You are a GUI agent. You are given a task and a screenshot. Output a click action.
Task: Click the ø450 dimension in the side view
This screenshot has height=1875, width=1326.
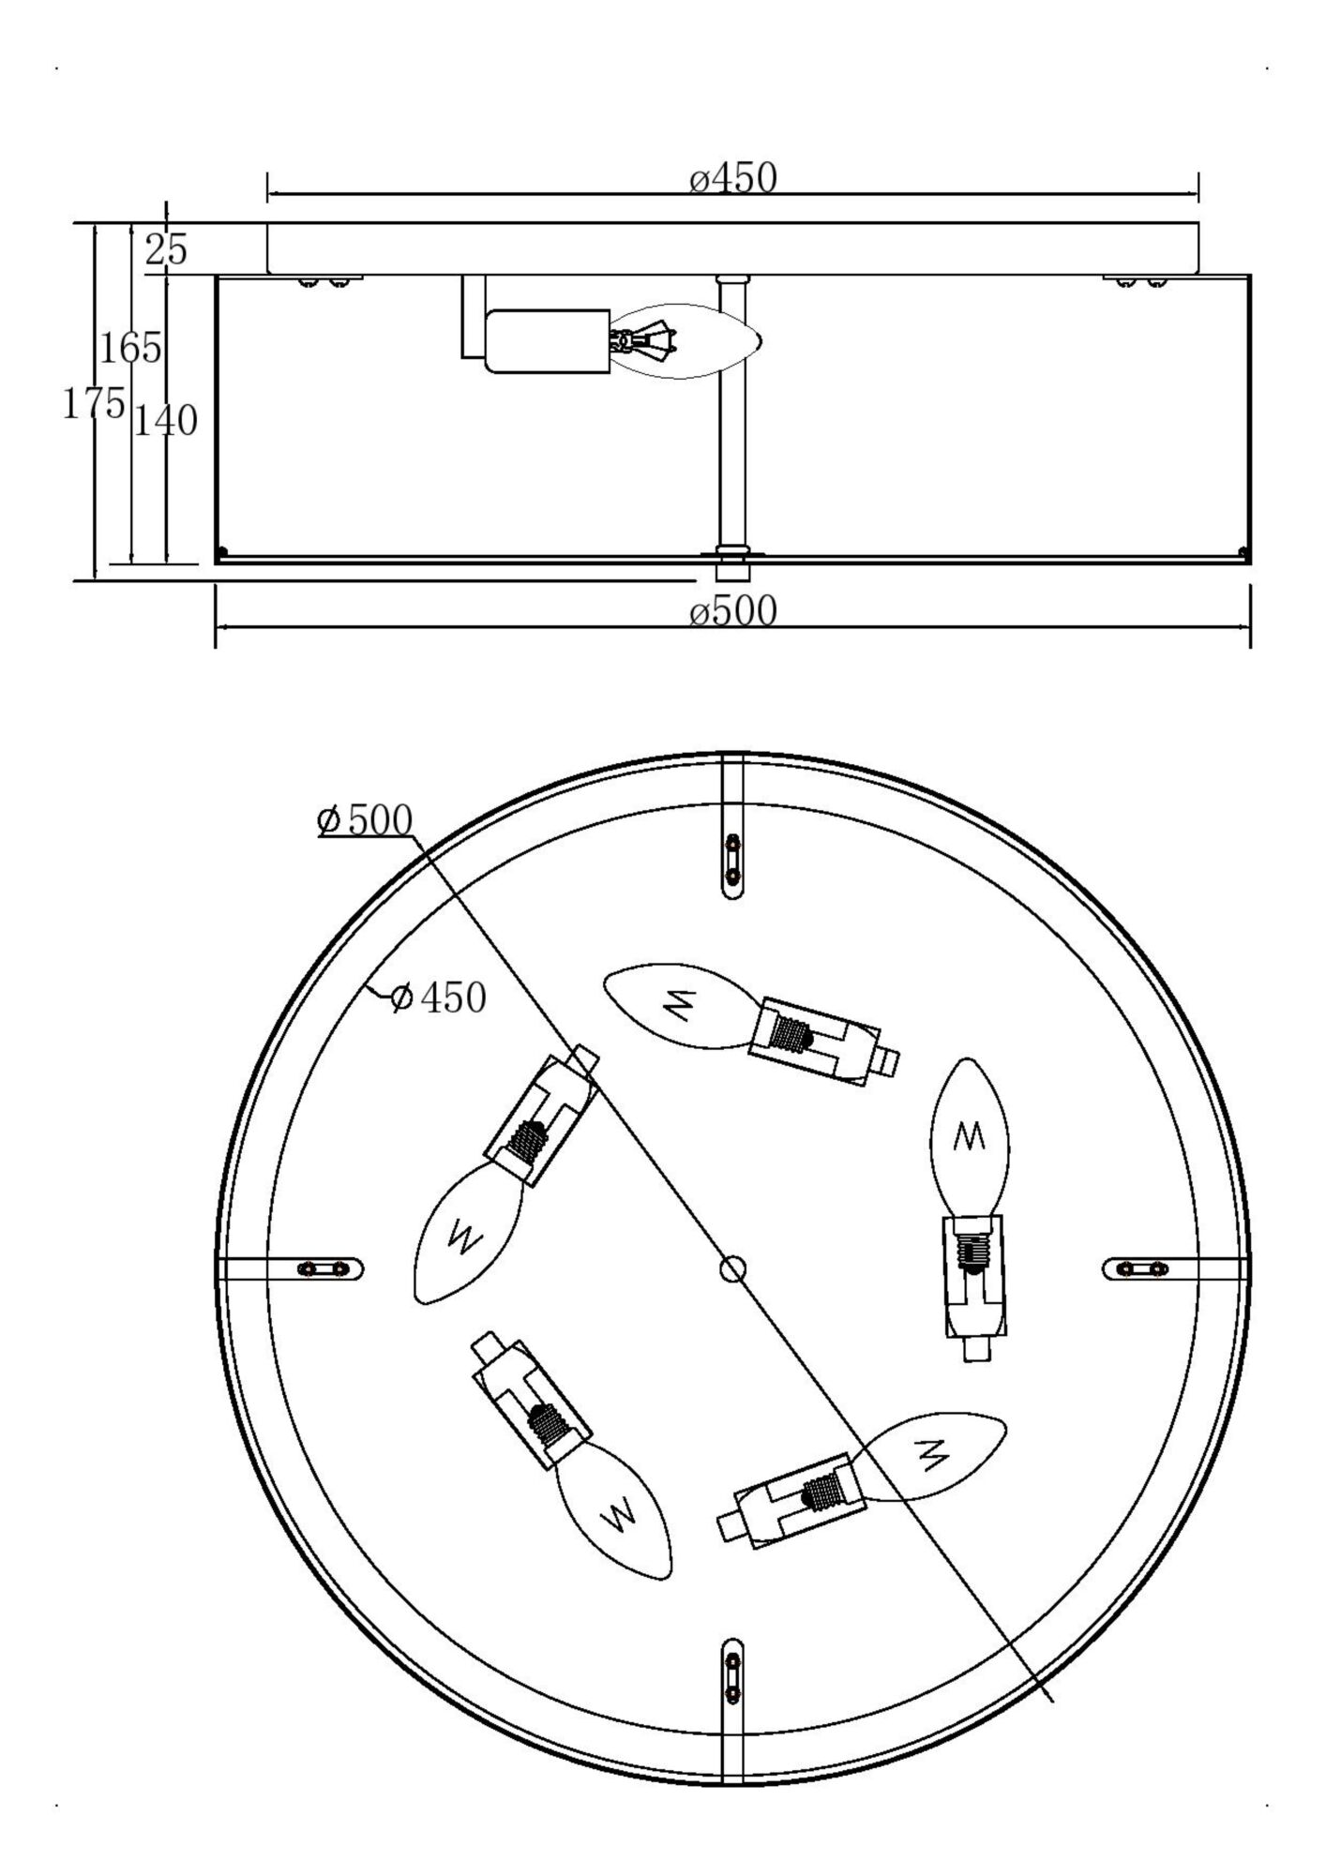click(x=733, y=178)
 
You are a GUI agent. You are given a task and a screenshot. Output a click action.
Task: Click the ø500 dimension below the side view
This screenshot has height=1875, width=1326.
click(x=733, y=611)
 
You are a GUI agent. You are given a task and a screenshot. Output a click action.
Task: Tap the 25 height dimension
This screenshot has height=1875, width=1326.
click(x=166, y=250)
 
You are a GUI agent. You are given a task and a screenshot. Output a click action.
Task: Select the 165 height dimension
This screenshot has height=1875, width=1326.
click(x=131, y=349)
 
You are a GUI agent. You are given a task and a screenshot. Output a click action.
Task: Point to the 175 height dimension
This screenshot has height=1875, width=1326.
click(x=93, y=404)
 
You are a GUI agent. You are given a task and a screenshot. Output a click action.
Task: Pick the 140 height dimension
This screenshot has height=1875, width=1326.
click(x=165, y=421)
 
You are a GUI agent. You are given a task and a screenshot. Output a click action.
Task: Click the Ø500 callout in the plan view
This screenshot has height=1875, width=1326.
click(x=365, y=820)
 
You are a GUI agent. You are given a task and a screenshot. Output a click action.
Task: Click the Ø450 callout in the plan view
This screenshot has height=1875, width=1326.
click(x=438, y=997)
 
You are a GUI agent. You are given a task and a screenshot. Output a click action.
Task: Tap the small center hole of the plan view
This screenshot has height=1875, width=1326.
click(x=732, y=1269)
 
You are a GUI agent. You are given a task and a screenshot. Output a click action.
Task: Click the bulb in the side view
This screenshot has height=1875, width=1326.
click(x=689, y=341)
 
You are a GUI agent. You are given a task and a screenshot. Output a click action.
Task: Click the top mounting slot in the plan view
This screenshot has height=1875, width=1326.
click(x=732, y=862)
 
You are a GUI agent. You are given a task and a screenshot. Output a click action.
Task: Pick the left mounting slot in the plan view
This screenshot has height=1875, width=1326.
click(x=324, y=1269)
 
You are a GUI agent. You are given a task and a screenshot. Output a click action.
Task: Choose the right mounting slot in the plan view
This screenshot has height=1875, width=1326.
click(x=1138, y=1269)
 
